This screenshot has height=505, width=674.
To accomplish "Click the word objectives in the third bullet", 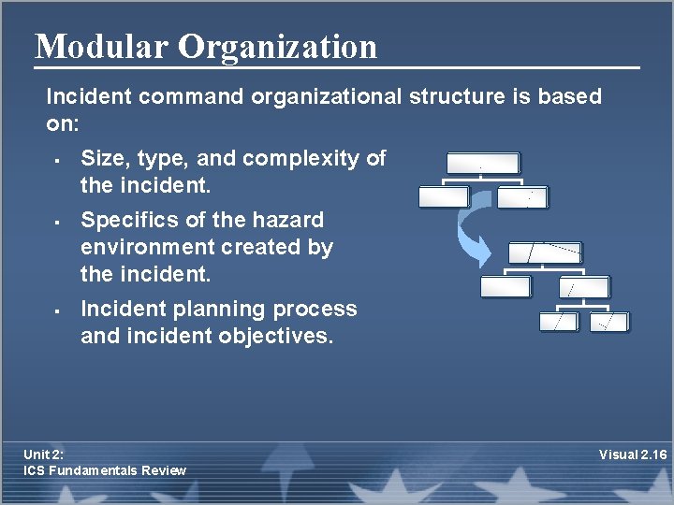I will (x=281, y=336).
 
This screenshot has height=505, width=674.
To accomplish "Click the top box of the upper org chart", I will (x=482, y=164).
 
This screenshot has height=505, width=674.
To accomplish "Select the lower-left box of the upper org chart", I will (x=444, y=197).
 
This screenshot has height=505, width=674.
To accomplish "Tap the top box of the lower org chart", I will (x=545, y=252).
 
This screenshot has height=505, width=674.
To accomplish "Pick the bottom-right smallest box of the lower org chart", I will (x=611, y=322).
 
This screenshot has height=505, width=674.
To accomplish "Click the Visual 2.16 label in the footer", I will (x=633, y=454).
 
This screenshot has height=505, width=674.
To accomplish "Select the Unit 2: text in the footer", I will (x=44, y=454).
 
